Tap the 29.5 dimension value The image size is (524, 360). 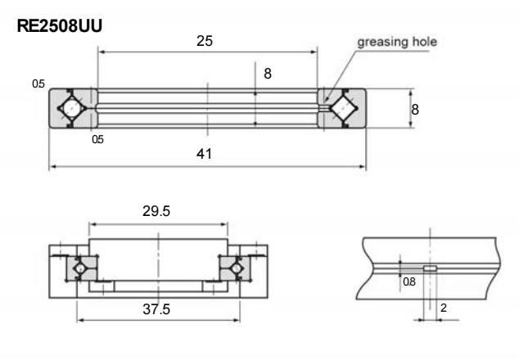tap(158, 211)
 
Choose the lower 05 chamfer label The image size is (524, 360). tap(97, 139)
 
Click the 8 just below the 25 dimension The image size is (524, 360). tap(267, 73)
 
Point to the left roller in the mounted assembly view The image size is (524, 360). tap(81, 268)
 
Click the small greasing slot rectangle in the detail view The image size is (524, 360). tap(429, 268)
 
